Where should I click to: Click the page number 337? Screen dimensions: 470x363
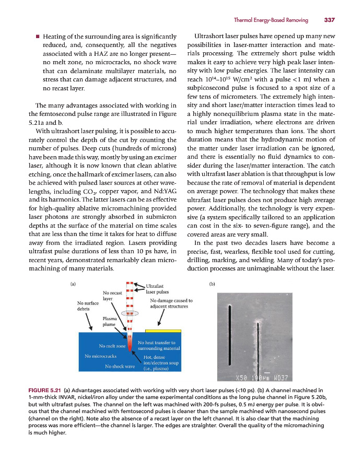click(329, 20)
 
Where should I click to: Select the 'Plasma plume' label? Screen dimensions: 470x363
click(110, 321)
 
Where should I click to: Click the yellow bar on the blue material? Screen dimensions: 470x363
click(163, 331)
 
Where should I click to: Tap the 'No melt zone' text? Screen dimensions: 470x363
click(112, 346)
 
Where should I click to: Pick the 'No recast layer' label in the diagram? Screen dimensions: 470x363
click(112, 296)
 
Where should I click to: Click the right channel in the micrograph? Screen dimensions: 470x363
click(259, 349)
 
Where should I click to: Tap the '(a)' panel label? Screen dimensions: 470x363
click(73, 285)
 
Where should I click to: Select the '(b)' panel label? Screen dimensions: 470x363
click(212, 285)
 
